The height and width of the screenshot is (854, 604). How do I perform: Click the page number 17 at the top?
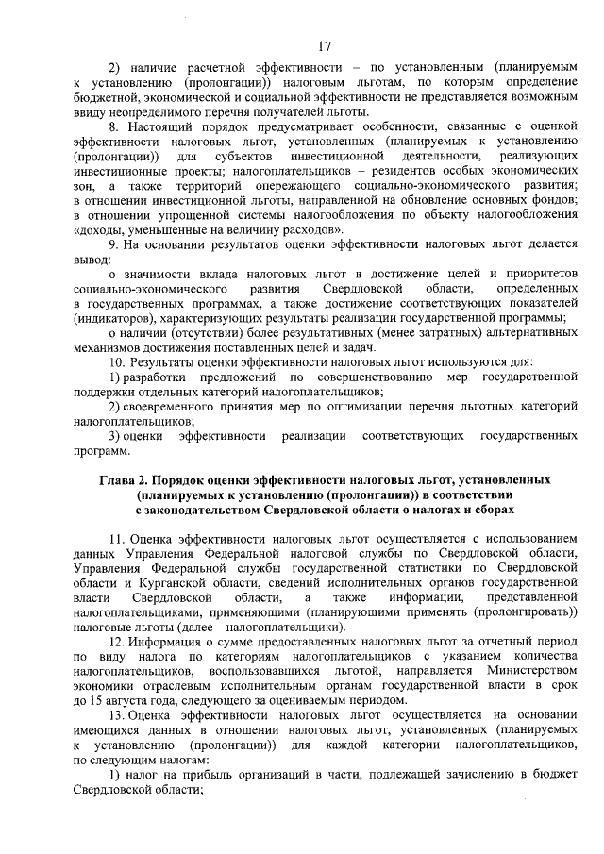(325, 45)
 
